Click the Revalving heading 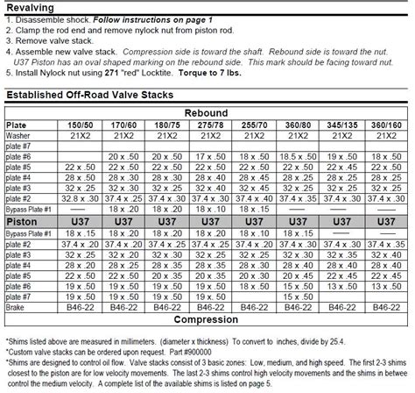pos(31,7)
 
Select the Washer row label pos(19,136)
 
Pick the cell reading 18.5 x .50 pos(299,155)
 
